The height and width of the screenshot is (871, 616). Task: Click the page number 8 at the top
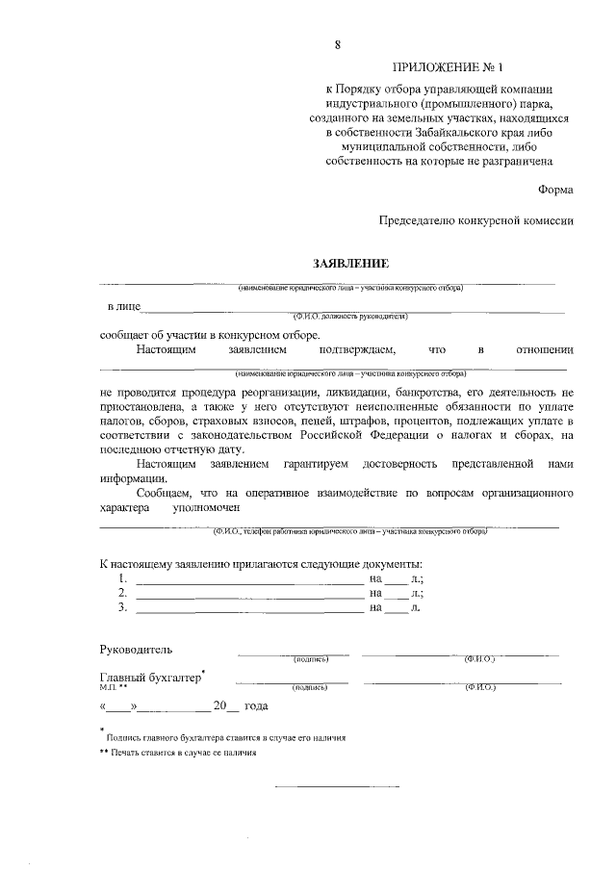[337, 44]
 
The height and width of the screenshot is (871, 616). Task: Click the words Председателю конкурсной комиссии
[476, 220]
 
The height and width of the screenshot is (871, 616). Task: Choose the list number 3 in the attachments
[122, 608]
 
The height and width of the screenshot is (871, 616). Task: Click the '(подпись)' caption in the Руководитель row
[311, 659]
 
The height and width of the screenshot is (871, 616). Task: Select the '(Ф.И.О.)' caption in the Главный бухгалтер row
[479, 688]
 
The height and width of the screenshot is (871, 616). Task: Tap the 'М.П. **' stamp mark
[113, 688]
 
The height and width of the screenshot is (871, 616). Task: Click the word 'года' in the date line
[255, 706]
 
